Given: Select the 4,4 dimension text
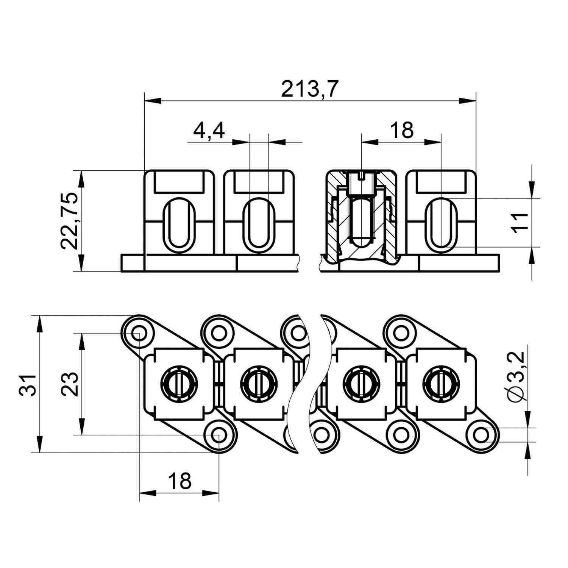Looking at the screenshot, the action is [209, 131].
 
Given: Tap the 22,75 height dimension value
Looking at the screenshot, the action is [70, 221].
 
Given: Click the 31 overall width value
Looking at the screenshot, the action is [28, 385].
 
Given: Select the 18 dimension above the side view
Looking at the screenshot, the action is [401, 130].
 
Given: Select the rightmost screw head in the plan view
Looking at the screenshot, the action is [441, 384].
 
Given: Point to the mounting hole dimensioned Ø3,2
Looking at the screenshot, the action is [481, 434].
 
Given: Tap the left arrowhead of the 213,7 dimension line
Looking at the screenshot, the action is [153, 101].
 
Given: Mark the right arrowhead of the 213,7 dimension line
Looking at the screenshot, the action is [467, 101].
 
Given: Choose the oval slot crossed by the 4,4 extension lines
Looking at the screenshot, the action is [259, 225].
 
